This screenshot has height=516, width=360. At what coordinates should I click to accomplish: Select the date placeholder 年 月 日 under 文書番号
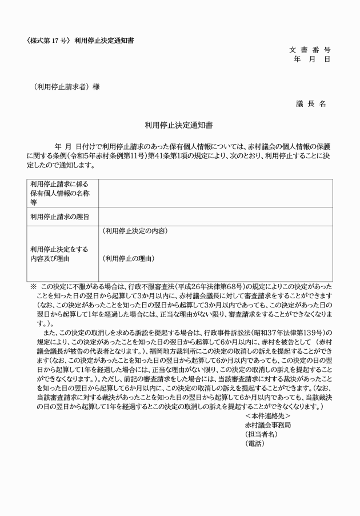311,59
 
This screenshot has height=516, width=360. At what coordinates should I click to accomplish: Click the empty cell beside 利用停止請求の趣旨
215,217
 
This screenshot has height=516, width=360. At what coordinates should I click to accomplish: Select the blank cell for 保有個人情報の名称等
215,193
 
